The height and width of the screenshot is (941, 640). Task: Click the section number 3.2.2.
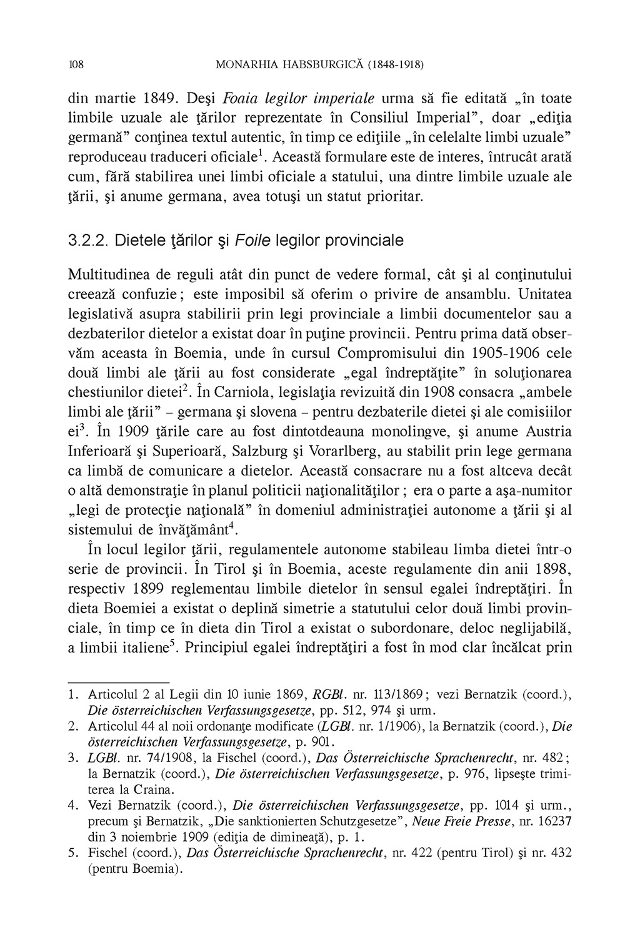coord(89,240)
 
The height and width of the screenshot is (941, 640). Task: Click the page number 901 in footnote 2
coord(321,742)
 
